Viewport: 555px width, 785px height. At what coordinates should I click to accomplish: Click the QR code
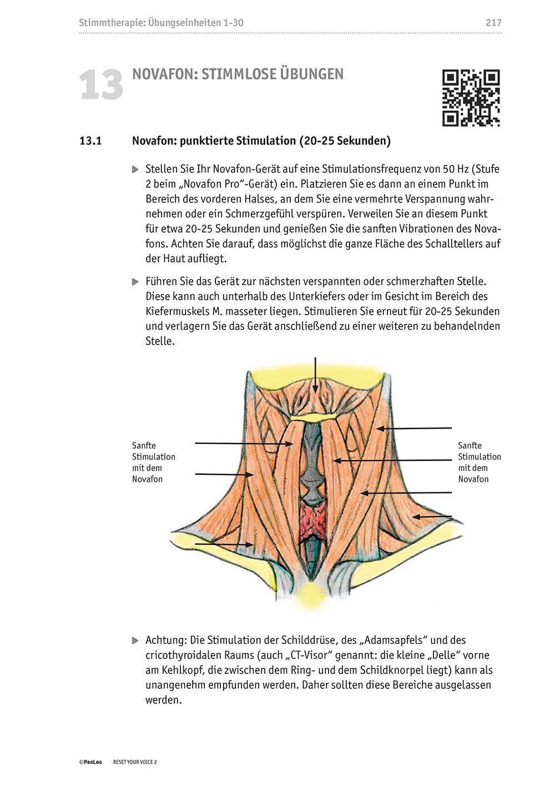pos(471,98)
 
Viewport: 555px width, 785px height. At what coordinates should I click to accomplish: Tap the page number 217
pos(493,23)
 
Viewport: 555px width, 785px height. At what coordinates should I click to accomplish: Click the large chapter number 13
pos(100,85)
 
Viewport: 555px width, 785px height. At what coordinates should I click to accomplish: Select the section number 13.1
pos(90,141)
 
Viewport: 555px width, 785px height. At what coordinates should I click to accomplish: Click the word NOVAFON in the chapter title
pos(163,74)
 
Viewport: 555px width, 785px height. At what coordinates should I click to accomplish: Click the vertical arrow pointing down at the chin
pos(315,375)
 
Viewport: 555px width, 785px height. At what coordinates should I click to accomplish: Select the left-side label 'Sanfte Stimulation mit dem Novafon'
pos(153,462)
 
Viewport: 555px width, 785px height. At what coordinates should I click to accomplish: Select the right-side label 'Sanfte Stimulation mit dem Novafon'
pos(479,462)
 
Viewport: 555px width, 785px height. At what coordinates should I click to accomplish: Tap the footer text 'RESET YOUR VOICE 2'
pos(135,762)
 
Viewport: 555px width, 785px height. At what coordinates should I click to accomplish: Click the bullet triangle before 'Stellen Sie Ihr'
pos(135,169)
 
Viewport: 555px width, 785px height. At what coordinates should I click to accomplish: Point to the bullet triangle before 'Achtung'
pos(135,641)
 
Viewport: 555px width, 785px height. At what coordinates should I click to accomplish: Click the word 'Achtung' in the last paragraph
pos(165,640)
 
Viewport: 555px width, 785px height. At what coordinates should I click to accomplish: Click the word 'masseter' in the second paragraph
pos(245,311)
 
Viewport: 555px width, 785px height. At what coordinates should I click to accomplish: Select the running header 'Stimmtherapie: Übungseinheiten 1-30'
pos(161,23)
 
